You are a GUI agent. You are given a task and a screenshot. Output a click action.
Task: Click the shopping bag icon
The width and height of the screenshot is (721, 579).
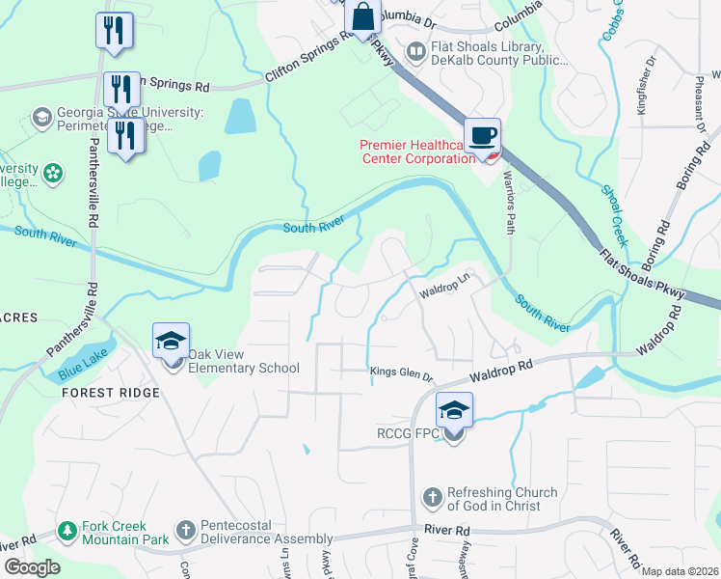point(361,17)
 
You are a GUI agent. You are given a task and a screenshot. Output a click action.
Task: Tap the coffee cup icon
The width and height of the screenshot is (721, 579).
point(481,135)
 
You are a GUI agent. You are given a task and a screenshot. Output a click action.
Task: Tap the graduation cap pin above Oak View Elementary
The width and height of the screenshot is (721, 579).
point(171,341)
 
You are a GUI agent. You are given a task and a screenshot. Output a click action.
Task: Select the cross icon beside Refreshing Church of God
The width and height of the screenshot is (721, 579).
point(433,499)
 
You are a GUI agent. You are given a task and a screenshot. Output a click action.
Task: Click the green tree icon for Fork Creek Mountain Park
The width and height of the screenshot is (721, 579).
point(67,531)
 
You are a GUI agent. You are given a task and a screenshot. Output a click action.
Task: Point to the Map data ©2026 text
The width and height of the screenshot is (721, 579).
point(679,571)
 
